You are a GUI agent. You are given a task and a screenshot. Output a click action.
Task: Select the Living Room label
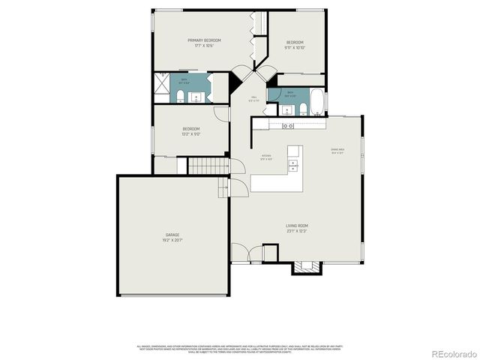click(x=296, y=228)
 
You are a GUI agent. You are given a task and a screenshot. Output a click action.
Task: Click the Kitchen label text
click(x=266, y=157)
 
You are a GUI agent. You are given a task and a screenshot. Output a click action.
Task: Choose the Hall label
click(x=254, y=98)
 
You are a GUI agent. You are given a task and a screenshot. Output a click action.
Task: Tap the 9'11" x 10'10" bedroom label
click(x=295, y=44)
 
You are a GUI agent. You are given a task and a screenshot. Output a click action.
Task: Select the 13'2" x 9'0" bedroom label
click(x=190, y=131)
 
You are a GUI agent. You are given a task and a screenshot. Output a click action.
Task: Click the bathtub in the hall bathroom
click(x=316, y=101)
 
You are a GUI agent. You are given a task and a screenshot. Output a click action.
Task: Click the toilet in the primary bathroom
click(x=181, y=94)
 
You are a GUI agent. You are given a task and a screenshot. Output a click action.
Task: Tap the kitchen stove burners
click(x=288, y=126)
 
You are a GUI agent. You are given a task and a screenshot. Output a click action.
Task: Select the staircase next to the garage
click(x=207, y=166)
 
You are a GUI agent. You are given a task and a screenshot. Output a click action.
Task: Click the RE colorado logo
click(x=448, y=352)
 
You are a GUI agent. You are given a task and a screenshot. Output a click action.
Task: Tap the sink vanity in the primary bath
click(x=197, y=94)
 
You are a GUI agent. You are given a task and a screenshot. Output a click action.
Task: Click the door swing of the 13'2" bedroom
click(x=221, y=112)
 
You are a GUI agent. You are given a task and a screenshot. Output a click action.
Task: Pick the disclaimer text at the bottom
click(x=240, y=349)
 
